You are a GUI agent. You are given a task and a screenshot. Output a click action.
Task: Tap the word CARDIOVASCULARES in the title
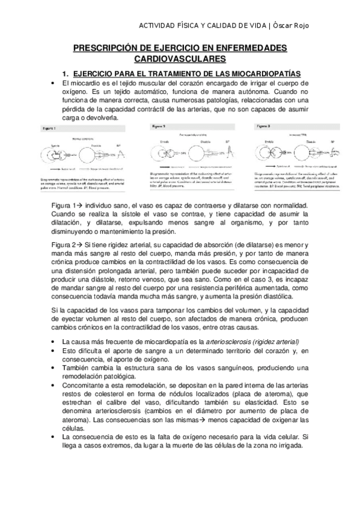178,58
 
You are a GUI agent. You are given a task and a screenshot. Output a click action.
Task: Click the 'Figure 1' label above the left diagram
50,129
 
